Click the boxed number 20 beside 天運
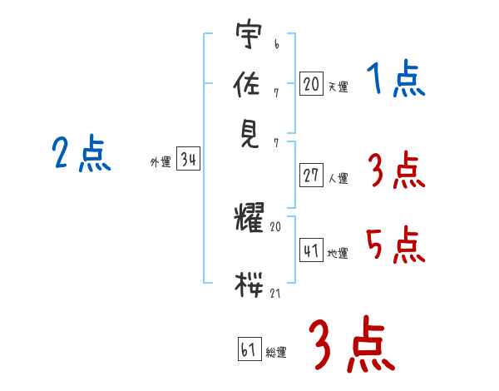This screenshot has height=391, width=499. (x=311, y=84)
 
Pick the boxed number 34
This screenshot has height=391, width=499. (x=188, y=161)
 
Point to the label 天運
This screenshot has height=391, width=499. (x=337, y=87)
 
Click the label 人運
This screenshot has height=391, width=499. (x=338, y=177)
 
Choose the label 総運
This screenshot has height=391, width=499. (x=275, y=352)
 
